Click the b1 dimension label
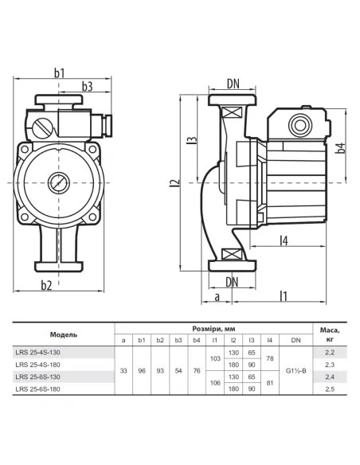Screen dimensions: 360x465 pos(59,73)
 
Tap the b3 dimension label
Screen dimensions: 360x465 pos(87,86)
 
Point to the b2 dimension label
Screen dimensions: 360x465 pos(46,285)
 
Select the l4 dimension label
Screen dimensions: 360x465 pos(284,240)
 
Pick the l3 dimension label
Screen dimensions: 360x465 pos(192,140)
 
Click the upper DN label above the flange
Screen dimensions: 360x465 pos(233,84)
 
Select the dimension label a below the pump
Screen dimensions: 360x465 pos(217,296)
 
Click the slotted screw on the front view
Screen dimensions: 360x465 pos(41,128)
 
